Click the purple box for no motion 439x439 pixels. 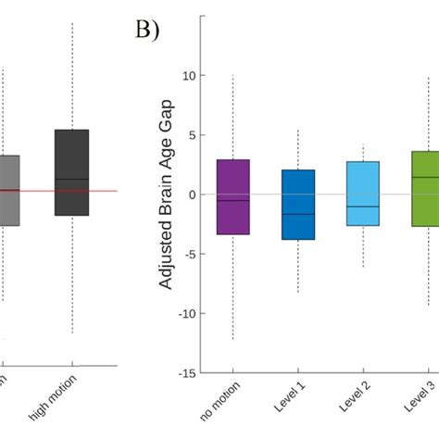click(x=232, y=196)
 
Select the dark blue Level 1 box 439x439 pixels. click(x=297, y=205)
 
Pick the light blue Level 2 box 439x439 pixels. click(x=362, y=194)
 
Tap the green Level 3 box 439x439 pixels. click(x=424, y=189)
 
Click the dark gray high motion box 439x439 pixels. click(x=71, y=172)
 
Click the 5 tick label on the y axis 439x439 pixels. click(x=192, y=135)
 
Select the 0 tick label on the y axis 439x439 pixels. click(x=192, y=194)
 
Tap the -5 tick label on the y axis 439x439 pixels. click(x=189, y=254)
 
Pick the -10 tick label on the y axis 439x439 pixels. click(x=186, y=314)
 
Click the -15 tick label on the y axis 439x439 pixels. click(x=186, y=373)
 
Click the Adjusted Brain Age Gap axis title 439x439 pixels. click(x=167, y=196)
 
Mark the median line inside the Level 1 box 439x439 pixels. click(x=297, y=214)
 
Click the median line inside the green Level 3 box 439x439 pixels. click(x=424, y=177)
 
